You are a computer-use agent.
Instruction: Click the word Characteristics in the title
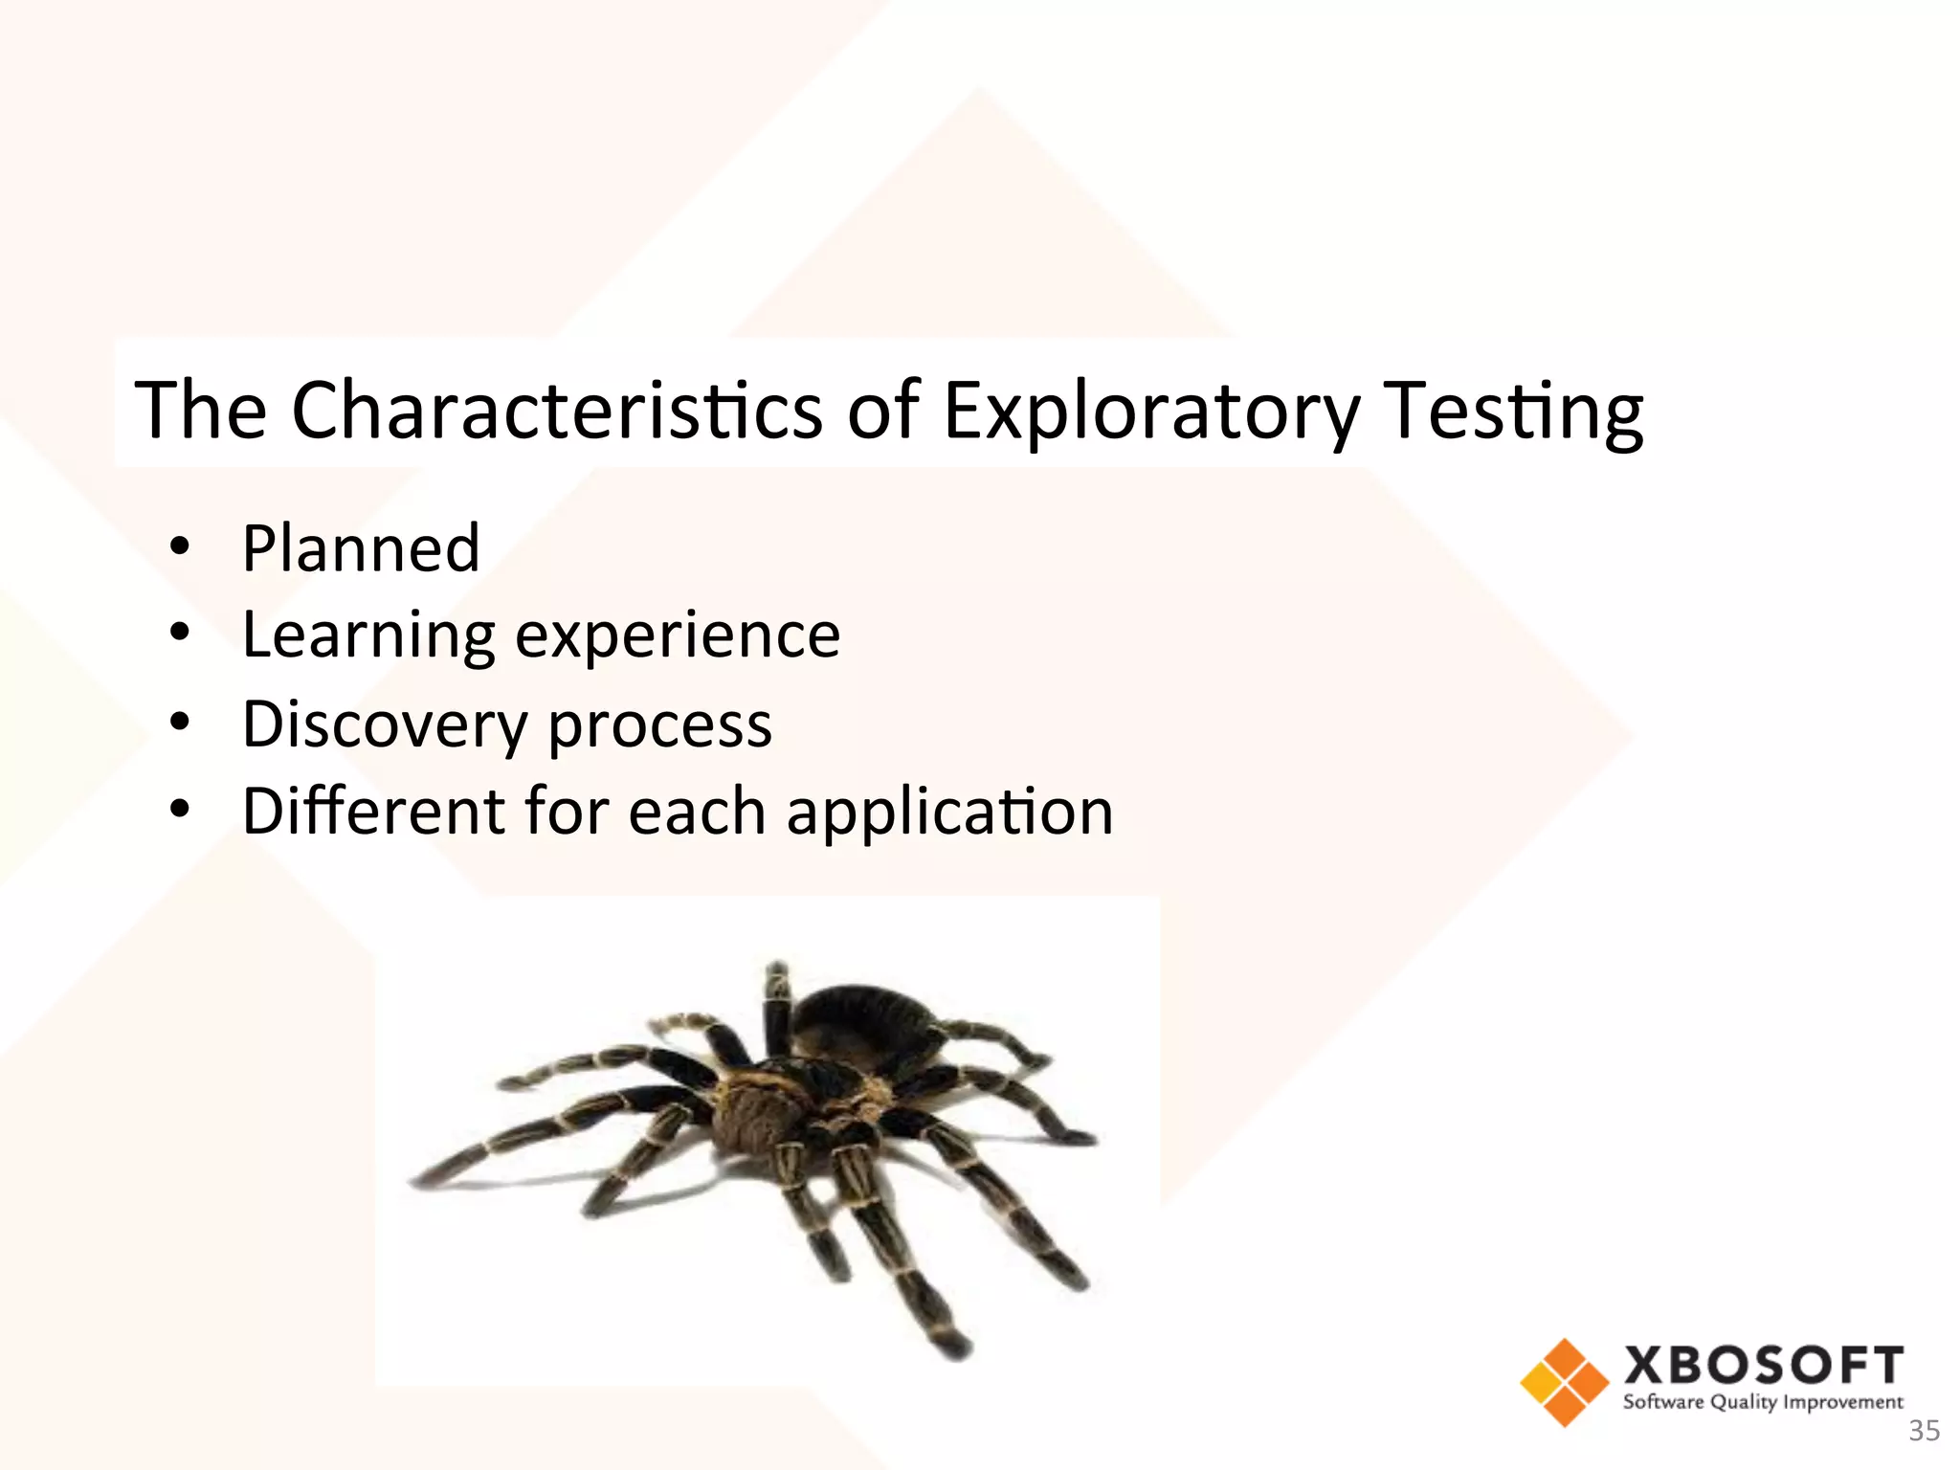tap(556, 411)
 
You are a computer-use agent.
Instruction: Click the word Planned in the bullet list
tap(361, 549)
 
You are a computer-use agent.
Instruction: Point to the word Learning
tap(368, 636)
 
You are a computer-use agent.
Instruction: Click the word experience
tap(678, 636)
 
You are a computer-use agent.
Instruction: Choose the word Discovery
tap(384, 724)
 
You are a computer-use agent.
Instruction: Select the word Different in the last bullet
tap(373, 812)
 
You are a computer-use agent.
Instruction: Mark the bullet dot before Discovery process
tap(180, 723)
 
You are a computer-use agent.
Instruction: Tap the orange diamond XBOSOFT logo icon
tap(1564, 1382)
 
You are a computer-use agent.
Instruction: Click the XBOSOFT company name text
tap(1763, 1365)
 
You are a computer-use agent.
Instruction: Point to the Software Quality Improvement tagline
tap(1763, 1403)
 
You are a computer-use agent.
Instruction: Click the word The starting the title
tap(201, 411)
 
